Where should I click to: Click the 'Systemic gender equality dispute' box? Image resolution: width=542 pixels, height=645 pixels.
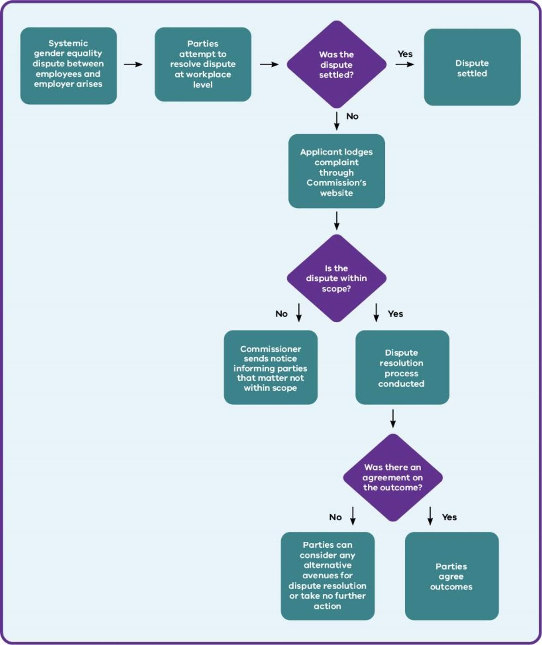[x=68, y=66]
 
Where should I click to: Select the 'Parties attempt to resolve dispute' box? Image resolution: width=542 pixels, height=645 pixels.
[x=203, y=64]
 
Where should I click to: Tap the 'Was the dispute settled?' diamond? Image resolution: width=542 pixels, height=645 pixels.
[x=336, y=64]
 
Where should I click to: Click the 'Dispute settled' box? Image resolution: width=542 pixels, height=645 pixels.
[x=472, y=67]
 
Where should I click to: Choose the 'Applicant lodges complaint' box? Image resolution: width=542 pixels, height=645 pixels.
[x=337, y=171]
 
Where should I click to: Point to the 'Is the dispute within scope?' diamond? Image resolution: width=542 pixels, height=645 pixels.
[x=336, y=278]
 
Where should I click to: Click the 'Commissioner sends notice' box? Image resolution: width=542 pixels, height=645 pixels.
[x=271, y=367]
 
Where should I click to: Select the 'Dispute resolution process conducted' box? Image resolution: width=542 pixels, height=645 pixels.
[x=402, y=367]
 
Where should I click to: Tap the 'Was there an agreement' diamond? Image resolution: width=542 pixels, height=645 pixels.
[x=393, y=477]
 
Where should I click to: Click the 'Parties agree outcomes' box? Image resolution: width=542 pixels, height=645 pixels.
[x=452, y=576]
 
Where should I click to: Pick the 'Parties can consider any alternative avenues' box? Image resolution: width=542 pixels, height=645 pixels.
[x=327, y=576]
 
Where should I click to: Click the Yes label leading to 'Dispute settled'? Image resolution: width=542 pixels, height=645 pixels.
[x=405, y=54]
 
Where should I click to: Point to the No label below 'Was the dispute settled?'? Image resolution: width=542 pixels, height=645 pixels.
[x=353, y=116]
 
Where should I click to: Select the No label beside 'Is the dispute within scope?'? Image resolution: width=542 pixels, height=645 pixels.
[x=282, y=314]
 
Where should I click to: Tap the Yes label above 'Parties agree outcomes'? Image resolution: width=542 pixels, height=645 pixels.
[x=449, y=517]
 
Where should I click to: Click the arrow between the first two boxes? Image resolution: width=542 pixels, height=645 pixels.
[x=133, y=65]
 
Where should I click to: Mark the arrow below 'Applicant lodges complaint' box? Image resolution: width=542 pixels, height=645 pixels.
[x=337, y=221]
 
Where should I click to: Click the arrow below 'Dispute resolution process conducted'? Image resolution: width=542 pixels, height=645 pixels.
[x=393, y=419]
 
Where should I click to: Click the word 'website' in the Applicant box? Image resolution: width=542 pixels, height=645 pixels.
[x=336, y=193]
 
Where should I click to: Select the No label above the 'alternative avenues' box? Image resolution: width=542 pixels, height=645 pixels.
[x=335, y=517]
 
